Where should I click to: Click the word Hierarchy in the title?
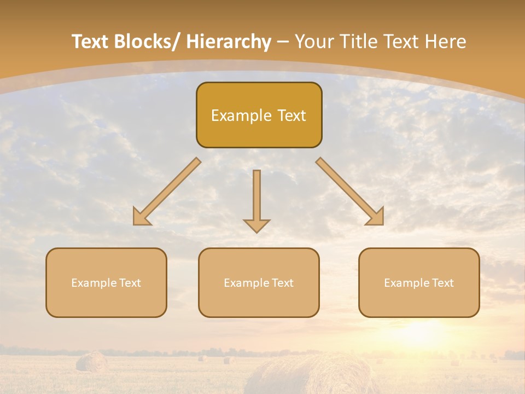point(229,42)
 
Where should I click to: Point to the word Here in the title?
point(445,42)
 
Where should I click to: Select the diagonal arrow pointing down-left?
point(166,192)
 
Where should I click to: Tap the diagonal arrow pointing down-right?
point(350,192)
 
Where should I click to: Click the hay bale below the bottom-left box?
point(91,362)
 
